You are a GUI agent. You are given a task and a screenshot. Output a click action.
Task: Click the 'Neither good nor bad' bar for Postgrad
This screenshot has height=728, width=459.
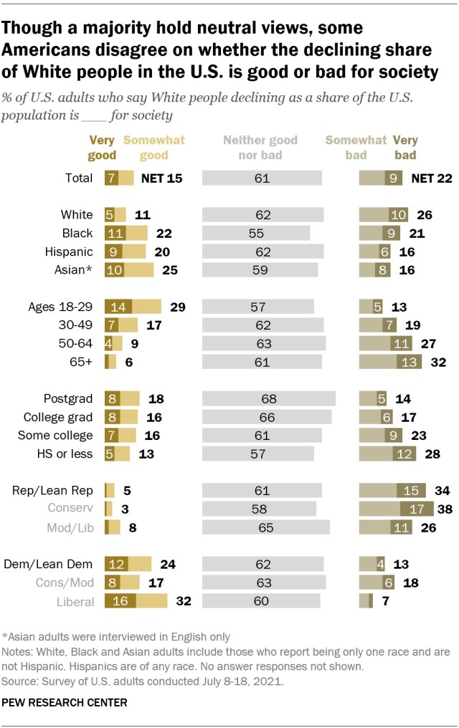269,399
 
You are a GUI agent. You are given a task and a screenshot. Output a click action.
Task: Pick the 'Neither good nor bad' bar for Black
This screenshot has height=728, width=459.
256,233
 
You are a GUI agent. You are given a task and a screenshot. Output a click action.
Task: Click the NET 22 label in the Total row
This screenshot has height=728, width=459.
432,178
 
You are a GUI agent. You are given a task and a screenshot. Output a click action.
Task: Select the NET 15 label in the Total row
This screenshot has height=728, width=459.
161,178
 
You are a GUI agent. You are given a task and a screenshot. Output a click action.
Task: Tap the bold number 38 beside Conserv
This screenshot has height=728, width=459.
444,509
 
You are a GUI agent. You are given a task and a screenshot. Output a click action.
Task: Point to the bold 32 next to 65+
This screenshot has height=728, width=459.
437,363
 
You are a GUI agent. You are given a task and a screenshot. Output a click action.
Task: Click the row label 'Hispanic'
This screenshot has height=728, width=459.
69,252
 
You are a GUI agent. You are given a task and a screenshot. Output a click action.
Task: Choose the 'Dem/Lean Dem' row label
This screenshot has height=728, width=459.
53,564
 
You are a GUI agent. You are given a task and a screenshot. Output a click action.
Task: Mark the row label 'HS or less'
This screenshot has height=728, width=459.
67,454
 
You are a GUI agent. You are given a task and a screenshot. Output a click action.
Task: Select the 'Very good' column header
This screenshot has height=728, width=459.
102,148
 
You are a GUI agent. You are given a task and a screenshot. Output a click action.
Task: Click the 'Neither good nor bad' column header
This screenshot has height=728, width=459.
260,148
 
